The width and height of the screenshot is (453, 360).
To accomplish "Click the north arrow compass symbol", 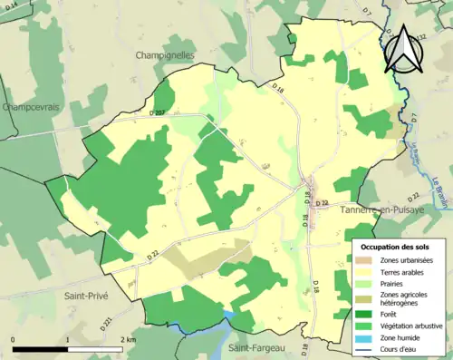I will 401,49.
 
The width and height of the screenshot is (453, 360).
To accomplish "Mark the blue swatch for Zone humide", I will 366,336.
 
